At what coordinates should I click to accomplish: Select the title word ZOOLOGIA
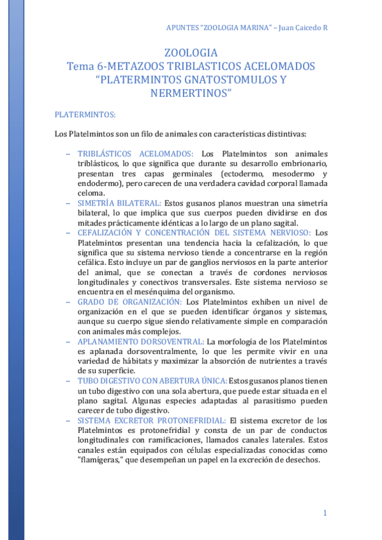(191, 53)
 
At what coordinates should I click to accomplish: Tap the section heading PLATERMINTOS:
(85, 115)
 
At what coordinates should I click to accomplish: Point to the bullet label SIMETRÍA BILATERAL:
(119, 203)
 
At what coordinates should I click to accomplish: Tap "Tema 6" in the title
(85, 67)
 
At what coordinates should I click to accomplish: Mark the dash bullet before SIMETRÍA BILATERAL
(68, 203)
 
